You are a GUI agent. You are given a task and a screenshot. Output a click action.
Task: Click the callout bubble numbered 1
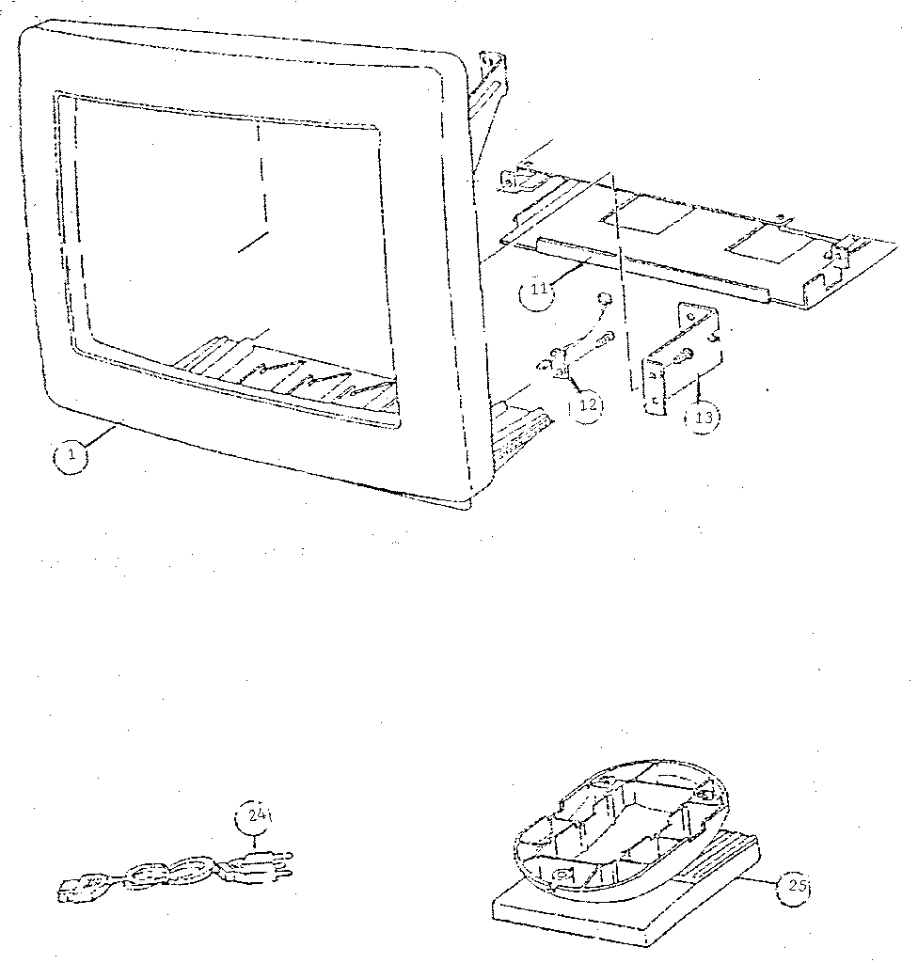coord(71,456)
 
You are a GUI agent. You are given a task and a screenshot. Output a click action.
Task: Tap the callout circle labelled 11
coord(536,290)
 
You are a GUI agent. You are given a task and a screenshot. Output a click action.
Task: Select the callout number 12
coord(586,404)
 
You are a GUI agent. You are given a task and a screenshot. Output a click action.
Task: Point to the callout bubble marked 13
coord(702,418)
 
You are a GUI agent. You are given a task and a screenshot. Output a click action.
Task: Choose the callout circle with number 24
coord(254,815)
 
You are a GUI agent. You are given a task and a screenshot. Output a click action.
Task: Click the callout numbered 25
coord(794,885)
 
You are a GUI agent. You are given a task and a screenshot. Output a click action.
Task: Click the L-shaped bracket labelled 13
coord(681,358)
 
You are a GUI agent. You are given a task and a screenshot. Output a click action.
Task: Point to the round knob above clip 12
coord(605,299)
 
